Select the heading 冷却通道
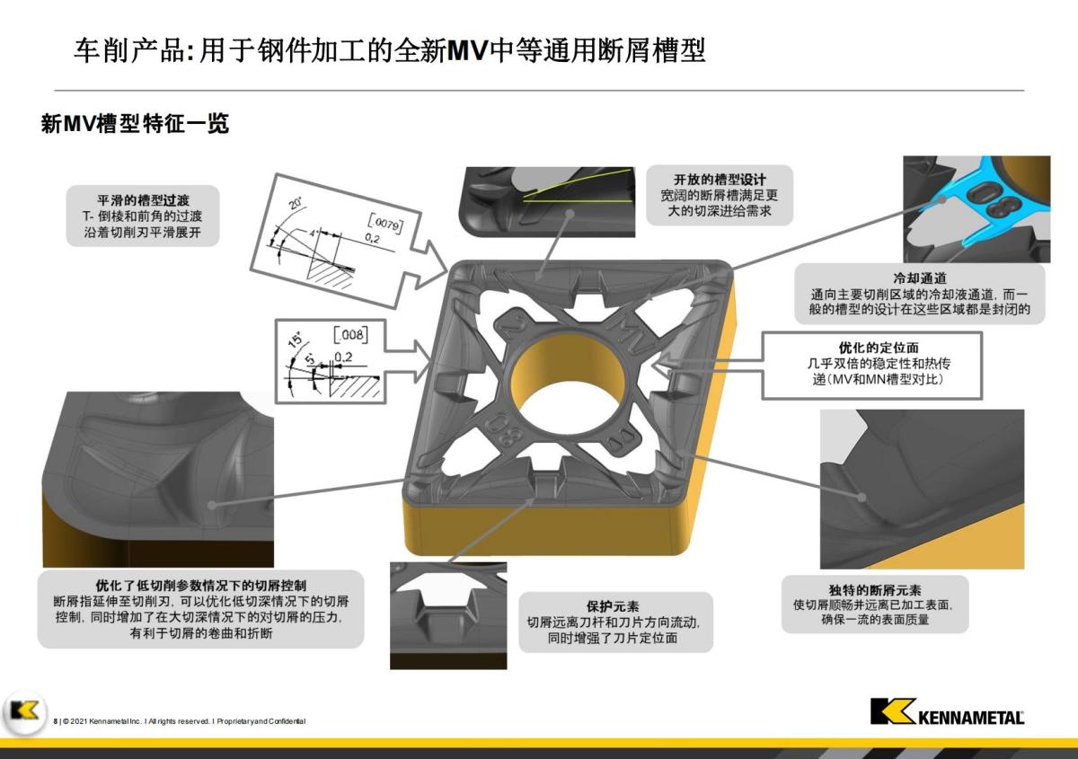tap(918, 279)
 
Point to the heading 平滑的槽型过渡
tap(144, 200)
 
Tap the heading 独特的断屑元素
tap(875, 590)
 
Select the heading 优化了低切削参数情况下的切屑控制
tap(200, 585)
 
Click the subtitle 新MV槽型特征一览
tap(135, 124)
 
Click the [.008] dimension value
tap(349, 336)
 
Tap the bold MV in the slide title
tap(466, 50)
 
